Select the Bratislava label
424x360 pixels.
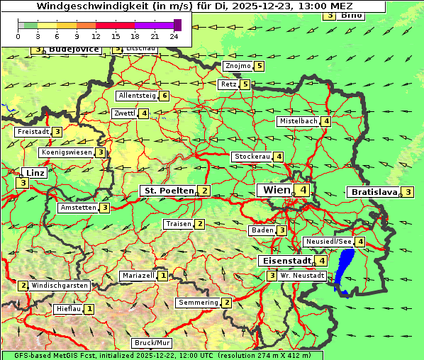tap(373, 192)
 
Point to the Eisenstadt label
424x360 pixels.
tap(285, 261)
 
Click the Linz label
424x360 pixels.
tap(33, 173)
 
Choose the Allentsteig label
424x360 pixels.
tap(137, 96)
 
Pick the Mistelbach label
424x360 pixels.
tap(298, 121)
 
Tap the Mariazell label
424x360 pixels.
tap(138, 276)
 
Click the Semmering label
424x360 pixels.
tap(198, 303)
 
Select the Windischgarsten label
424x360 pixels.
tap(59, 286)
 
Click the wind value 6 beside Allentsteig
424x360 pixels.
tap(164, 96)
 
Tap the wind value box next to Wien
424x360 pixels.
tap(303, 190)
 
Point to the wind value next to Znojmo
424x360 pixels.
tap(260, 66)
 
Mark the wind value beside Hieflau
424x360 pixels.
tap(89, 309)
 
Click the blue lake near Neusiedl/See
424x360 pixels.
tap(345, 269)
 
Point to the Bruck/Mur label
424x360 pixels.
tap(152, 343)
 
